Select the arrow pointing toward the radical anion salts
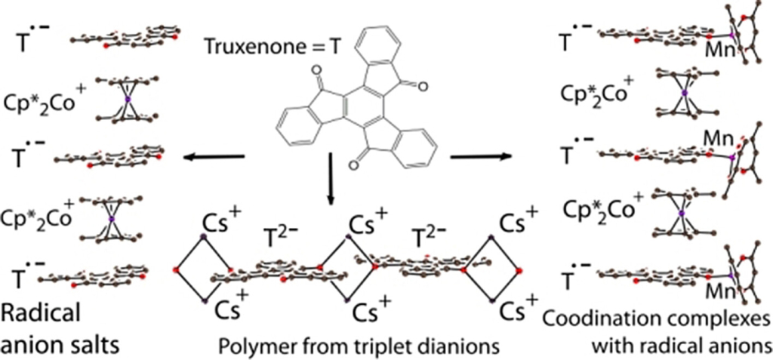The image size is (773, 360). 213,157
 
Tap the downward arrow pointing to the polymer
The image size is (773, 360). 331,179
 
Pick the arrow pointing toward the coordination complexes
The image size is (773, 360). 481,157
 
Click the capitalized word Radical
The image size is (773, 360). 41,313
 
